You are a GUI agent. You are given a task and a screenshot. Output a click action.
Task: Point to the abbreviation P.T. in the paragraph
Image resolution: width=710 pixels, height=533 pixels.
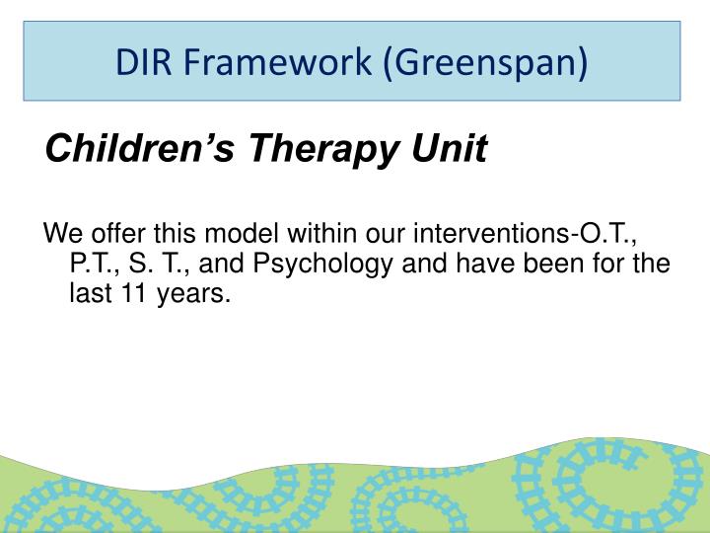point(91,265)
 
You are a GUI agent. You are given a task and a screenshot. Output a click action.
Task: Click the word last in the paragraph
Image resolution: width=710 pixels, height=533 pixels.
point(91,294)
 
